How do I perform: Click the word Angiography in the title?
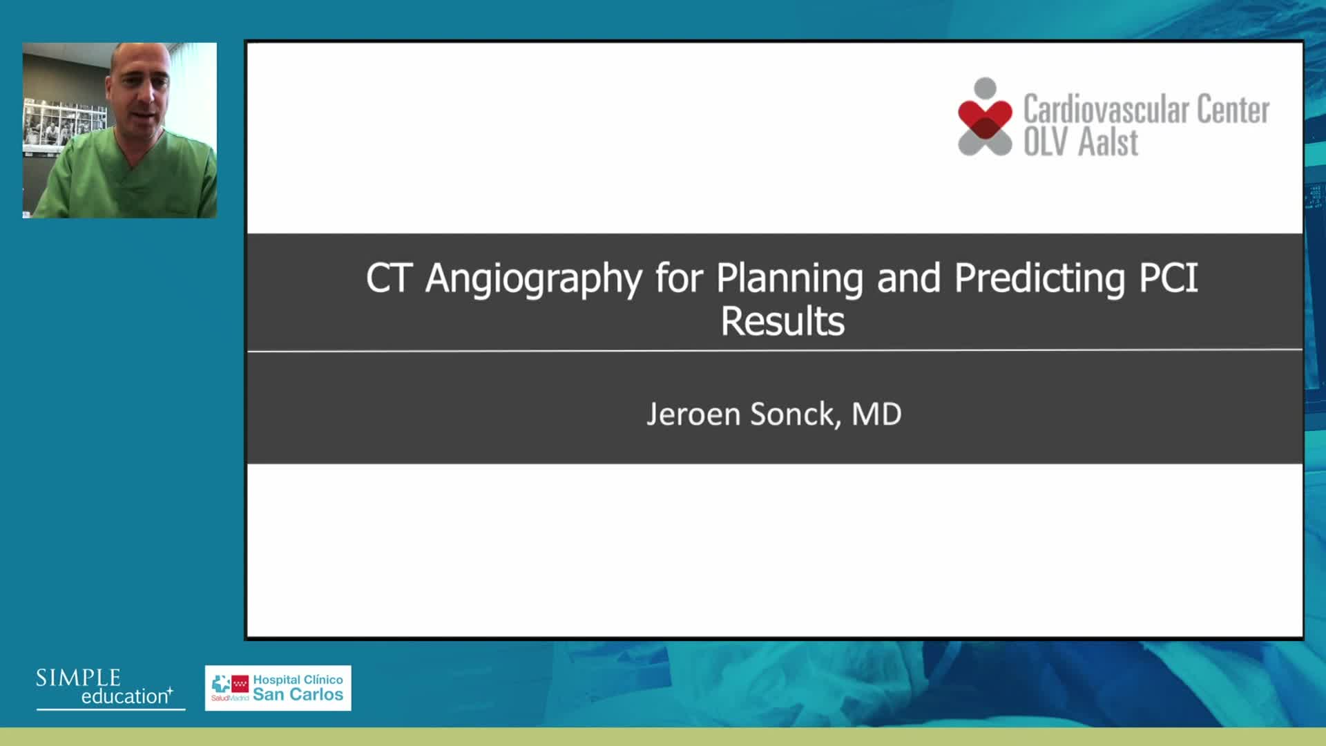[534, 279]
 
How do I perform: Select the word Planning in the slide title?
[789, 279]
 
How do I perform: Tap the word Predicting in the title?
[1040, 279]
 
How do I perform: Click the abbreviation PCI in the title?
[1169, 278]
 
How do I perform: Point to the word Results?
[782, 321]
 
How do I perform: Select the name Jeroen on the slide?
[693, 414]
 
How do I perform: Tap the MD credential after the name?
[876, 414]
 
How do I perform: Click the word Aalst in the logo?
[1108, 142]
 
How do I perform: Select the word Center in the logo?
[1233, 109]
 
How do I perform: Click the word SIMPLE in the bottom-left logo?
[78, 678]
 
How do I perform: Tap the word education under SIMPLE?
[125, 696]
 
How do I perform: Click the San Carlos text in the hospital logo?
[298, 694]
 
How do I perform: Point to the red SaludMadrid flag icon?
[240, 684]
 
